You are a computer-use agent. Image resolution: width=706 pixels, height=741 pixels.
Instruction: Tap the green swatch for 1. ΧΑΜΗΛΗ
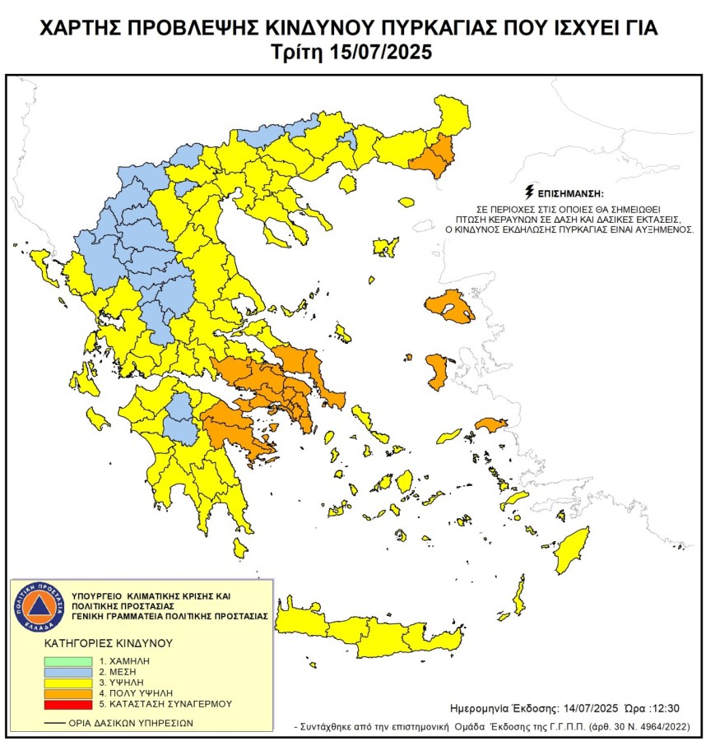[69, 660]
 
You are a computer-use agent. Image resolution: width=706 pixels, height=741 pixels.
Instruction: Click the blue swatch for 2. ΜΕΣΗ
[69, 672]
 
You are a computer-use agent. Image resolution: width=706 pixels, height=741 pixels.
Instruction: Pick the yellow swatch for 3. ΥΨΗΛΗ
[69, 683]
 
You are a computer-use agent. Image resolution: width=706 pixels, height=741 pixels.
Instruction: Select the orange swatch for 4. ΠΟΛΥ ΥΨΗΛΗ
[69, 693]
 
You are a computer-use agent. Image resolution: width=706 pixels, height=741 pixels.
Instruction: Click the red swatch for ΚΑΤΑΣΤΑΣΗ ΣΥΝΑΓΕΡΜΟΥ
[69, 704]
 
